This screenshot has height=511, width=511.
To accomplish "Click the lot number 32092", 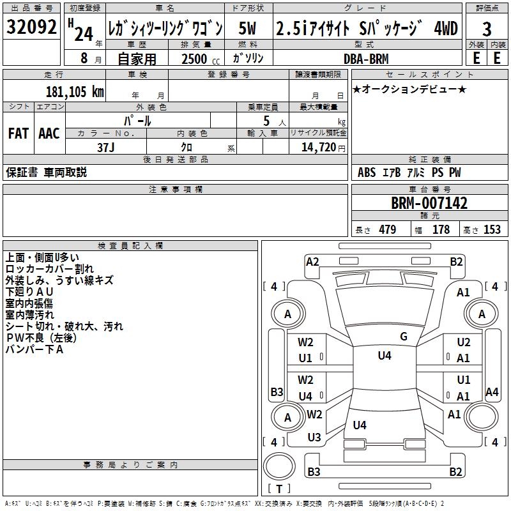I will pos(31,28).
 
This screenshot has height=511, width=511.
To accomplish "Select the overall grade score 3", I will pos(487,29).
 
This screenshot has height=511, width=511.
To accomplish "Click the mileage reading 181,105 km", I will pos(75,91).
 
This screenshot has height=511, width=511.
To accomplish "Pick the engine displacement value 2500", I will pos(195,59).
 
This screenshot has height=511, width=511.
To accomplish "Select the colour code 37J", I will pos(106,147).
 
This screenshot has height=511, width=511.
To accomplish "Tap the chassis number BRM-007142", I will pos(429,203).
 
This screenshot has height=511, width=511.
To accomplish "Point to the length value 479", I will pos(387,230).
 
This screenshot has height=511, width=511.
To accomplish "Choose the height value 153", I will pos(492,230).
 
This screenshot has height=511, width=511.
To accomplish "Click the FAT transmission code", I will pos(18,133).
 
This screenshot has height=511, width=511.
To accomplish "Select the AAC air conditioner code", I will pos(49,133).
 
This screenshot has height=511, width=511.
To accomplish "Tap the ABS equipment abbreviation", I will pos(367,172).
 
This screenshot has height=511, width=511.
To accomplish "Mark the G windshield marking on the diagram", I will pos(404,337).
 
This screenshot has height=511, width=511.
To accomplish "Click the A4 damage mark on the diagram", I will pos(492,392).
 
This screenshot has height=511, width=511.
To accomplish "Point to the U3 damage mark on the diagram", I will pos(314,437).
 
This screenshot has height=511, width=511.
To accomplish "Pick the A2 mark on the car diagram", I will pos(312,261).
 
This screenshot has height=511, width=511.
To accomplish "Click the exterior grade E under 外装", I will pos(475,57).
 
